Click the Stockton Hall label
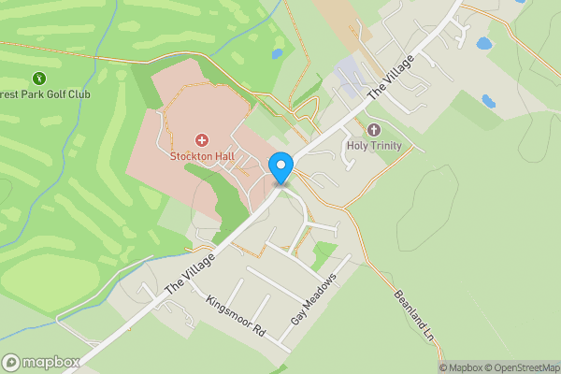click(201, 156)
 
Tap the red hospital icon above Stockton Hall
click(202, 139)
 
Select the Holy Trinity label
click(373, 145)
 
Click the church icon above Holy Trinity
click(374, 129)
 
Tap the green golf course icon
click(39, 78)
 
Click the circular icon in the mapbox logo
click(12, 362)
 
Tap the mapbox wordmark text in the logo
click(50, 362)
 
